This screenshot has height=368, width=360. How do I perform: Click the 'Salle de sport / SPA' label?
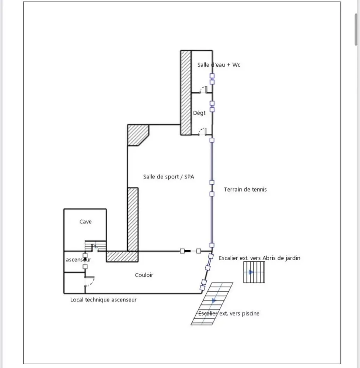(x=168, y=177)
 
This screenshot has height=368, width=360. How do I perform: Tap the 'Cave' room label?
(x=85, y=222)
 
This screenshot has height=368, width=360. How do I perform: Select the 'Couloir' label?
(x=144, y=275)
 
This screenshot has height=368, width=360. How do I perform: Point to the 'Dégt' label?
(x=199, y=113)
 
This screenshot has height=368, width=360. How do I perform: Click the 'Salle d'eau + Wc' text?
(x=219, y=65)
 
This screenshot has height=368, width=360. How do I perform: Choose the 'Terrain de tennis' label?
(x=245, y=190)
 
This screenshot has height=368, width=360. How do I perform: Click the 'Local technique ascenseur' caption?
(x=104, y=300)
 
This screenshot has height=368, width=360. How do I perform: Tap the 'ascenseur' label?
(x=78, y=259)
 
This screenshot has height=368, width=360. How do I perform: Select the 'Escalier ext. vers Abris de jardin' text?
(x=259, y=258)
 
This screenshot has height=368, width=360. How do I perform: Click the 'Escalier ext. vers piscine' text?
(x=229, y=314)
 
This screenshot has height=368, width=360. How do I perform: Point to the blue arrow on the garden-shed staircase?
(x=251, y=272)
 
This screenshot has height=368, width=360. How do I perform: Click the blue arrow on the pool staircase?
(x=214, y=300)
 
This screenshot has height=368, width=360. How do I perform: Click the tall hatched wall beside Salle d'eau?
(x=186, y=93)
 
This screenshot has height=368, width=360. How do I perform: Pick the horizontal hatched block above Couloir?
(x=122, y=256)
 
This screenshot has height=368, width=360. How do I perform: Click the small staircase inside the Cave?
(x=95, y=245)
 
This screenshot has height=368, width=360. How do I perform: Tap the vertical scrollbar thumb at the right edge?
(x=356, y=29)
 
